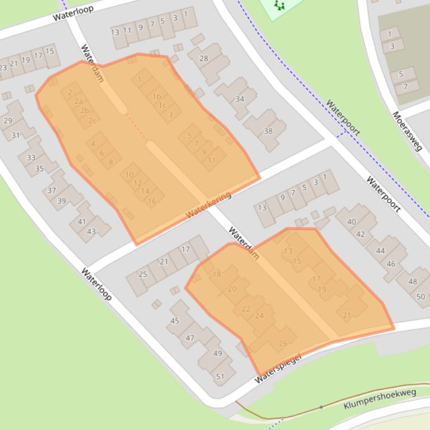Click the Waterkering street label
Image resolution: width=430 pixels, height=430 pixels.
(x=208, y=205)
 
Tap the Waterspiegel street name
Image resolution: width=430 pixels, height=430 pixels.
(x=278, y=369)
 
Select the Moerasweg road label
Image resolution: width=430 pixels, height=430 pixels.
(x=407, y=131)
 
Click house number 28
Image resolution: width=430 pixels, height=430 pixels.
(x=204, y=59)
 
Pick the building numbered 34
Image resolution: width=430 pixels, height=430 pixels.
(x=240, y=99)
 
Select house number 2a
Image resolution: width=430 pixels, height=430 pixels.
(x=79, y=102)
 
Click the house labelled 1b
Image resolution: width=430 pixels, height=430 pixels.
(x=156, y=97)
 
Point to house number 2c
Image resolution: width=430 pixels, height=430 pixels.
(x=93, y=120)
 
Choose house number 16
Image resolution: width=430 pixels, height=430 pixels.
(x=152, y=201)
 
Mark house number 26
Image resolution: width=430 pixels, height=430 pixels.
(x=283, y=343)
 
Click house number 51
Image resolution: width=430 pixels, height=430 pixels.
(x=220, y=376)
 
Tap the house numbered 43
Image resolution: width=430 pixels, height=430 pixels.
(x=91, y=231)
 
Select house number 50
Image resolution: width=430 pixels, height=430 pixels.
(x=421, y=297)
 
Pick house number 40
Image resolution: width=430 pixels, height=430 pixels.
(x=351, y=222)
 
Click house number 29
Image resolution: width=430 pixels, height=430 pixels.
(x=8, y=121)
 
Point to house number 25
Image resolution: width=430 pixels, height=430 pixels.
(x=142, y=274)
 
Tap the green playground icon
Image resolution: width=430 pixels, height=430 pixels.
(x=279, y=6)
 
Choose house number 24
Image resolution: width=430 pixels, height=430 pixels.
(x=259, y=316)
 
